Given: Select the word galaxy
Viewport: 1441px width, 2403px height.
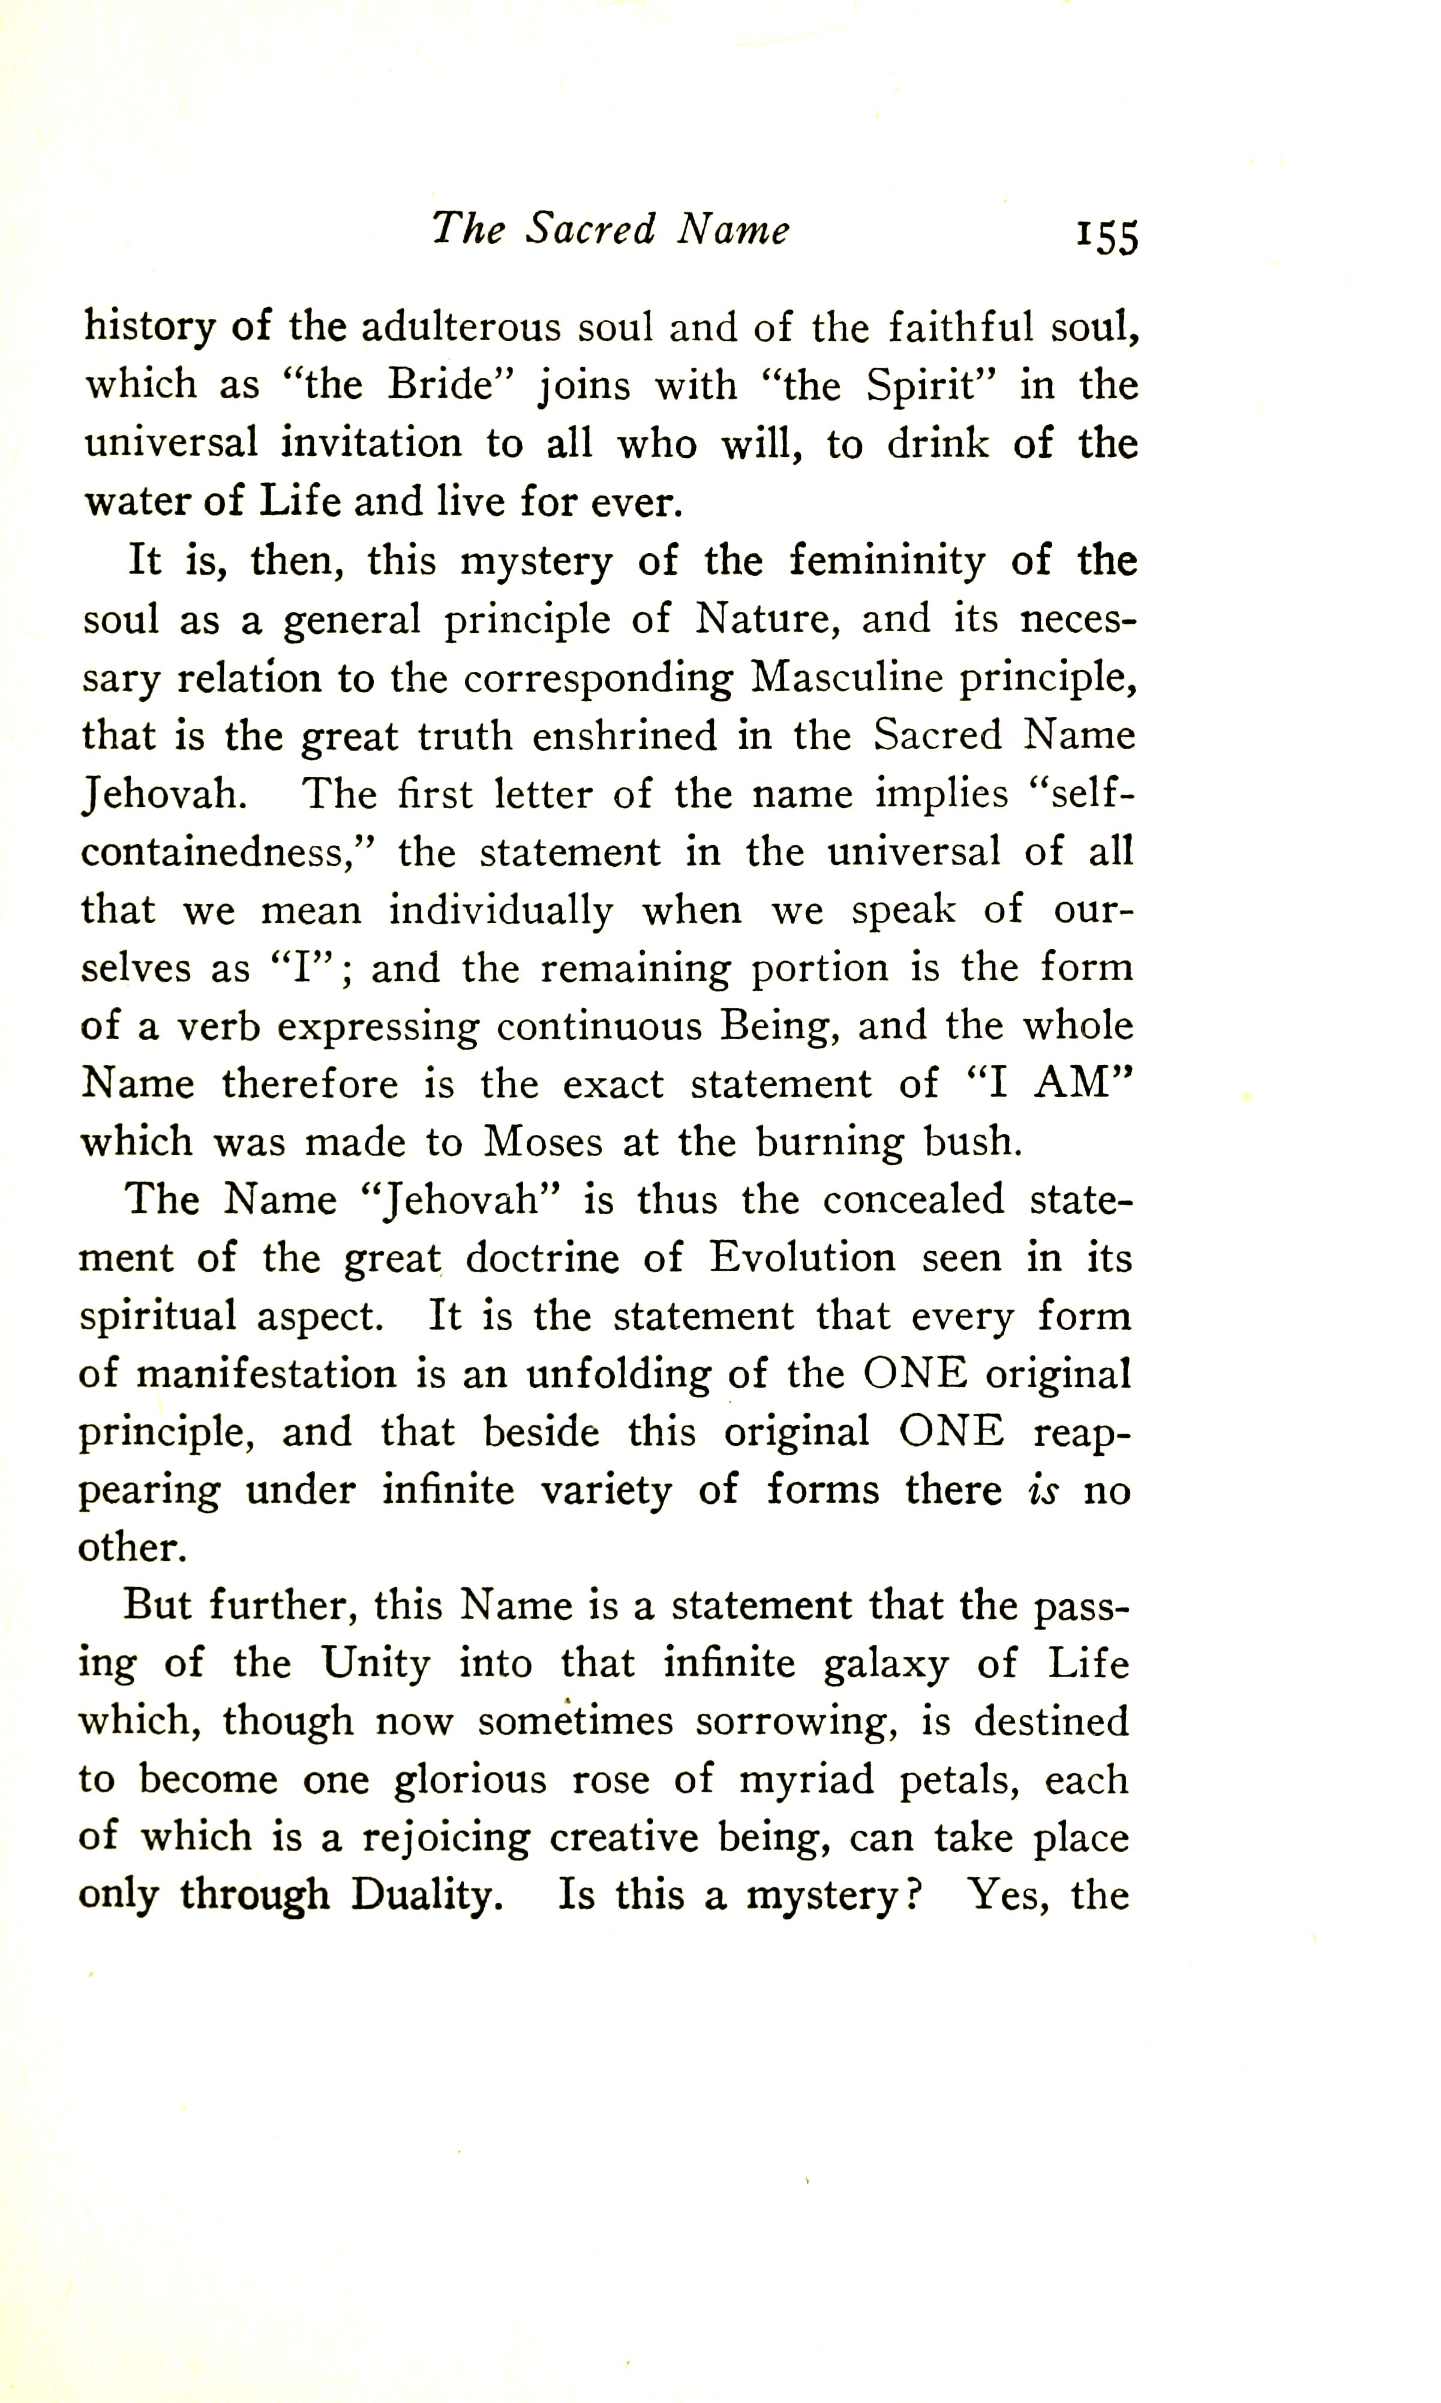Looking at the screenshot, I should pos(885,1664).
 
